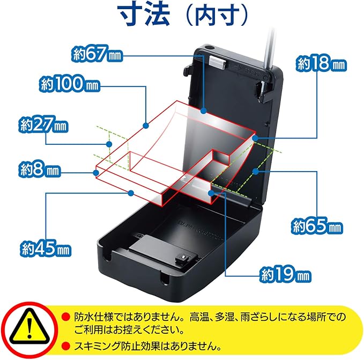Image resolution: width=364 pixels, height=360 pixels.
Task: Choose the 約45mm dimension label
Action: point(46,249)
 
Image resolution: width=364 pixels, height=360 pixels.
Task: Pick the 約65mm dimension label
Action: point(316,226)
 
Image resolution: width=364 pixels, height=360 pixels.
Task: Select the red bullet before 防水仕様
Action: point(65,317)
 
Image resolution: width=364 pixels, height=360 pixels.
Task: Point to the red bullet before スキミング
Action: point(65,345)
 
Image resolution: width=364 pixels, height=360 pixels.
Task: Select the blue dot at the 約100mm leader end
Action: point(145,126)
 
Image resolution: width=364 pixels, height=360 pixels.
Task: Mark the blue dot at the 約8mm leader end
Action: point(96,172)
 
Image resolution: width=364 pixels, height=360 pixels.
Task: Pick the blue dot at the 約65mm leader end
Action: point(257,171)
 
